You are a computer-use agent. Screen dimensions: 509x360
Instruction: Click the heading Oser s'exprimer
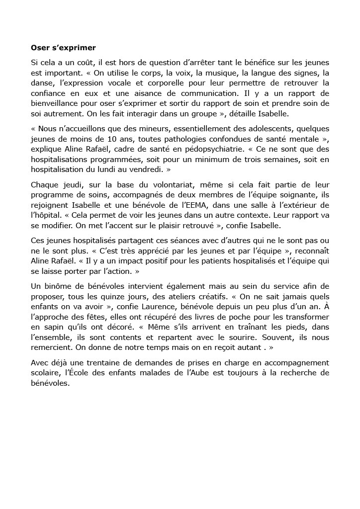pos(63,48)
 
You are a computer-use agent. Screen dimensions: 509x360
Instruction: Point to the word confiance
pos(49,93)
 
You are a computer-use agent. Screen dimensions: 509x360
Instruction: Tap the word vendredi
pos(147,169)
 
